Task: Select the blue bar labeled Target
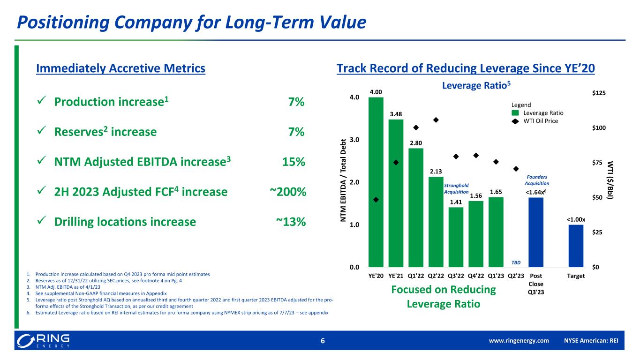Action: tap(576, 246)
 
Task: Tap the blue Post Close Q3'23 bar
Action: tap(536, 232)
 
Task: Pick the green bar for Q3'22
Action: tap(456, 237)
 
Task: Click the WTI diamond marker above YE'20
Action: tap(376, 200)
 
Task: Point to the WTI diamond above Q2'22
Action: tap(436, 120)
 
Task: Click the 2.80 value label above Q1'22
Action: tap(416, 142)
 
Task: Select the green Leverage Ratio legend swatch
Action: tap(515, 113)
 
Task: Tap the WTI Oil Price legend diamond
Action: tap(515, 121)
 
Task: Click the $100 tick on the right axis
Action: tap(599, 128)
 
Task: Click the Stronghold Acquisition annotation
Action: tap(456, 188)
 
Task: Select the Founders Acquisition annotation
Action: tap(536, 180)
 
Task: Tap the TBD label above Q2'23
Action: tap(516, 262)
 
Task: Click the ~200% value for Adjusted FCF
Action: tap(288, 192)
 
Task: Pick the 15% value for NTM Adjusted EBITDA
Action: tap(294, 162)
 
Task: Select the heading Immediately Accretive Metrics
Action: tap(120, 68)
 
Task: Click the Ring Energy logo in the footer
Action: tap(43, 341)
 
